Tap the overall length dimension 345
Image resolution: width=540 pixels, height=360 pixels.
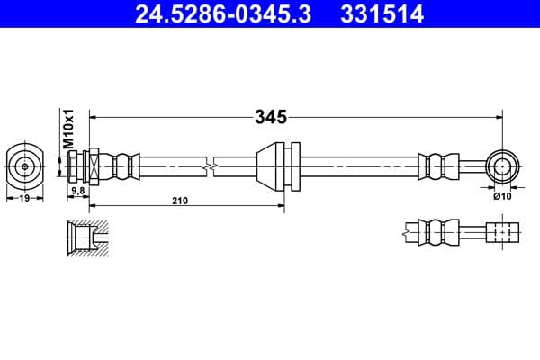coord(271,116)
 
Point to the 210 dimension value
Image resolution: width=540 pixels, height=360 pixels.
coord(179,202)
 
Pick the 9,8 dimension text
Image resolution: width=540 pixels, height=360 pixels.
coord(77,191)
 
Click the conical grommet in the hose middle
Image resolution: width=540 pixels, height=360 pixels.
coord(268,166)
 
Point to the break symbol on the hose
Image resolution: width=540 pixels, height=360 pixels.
coord(210,166)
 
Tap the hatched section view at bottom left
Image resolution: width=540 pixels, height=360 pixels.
coord(84,236)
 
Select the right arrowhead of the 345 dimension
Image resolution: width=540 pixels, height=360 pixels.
coord(497,116)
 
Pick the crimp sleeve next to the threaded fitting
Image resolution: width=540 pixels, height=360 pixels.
coord(125,166)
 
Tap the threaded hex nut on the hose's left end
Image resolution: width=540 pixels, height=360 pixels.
coord(91,166)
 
